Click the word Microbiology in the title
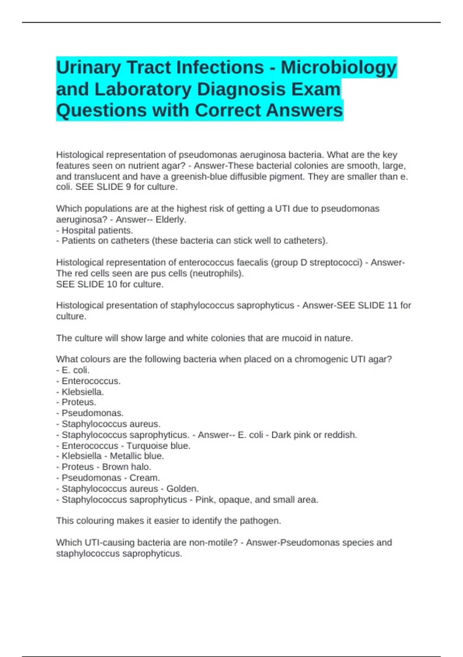[x=338, y=68]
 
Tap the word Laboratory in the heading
[x=143, y=89]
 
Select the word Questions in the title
[x=101, y=111]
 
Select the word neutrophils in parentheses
[x=220, y=274]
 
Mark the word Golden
[x=184, y=489]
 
